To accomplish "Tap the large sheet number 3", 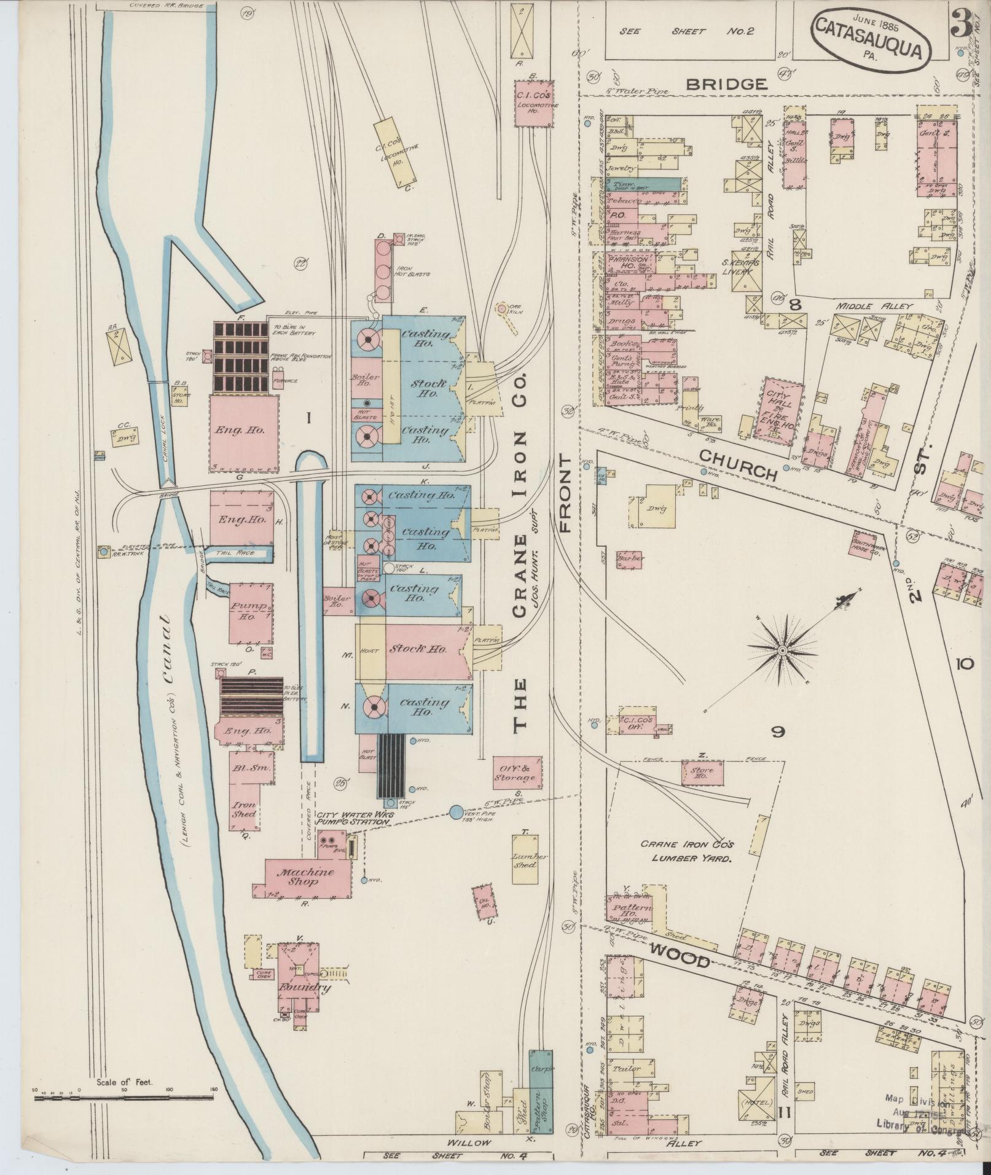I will pyautogui.click(x=963, y=23).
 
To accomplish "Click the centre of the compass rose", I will pyautogui.click(x=783, y=650).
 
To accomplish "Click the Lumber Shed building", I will pyautogui.click(x=526, y=861).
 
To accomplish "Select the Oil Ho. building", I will pyautogui.click(x=483, y=902).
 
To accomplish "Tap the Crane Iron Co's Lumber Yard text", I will pyautogui.click(x=687, y=852).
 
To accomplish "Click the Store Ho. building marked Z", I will pyautogui.click(x=701, y=773).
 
